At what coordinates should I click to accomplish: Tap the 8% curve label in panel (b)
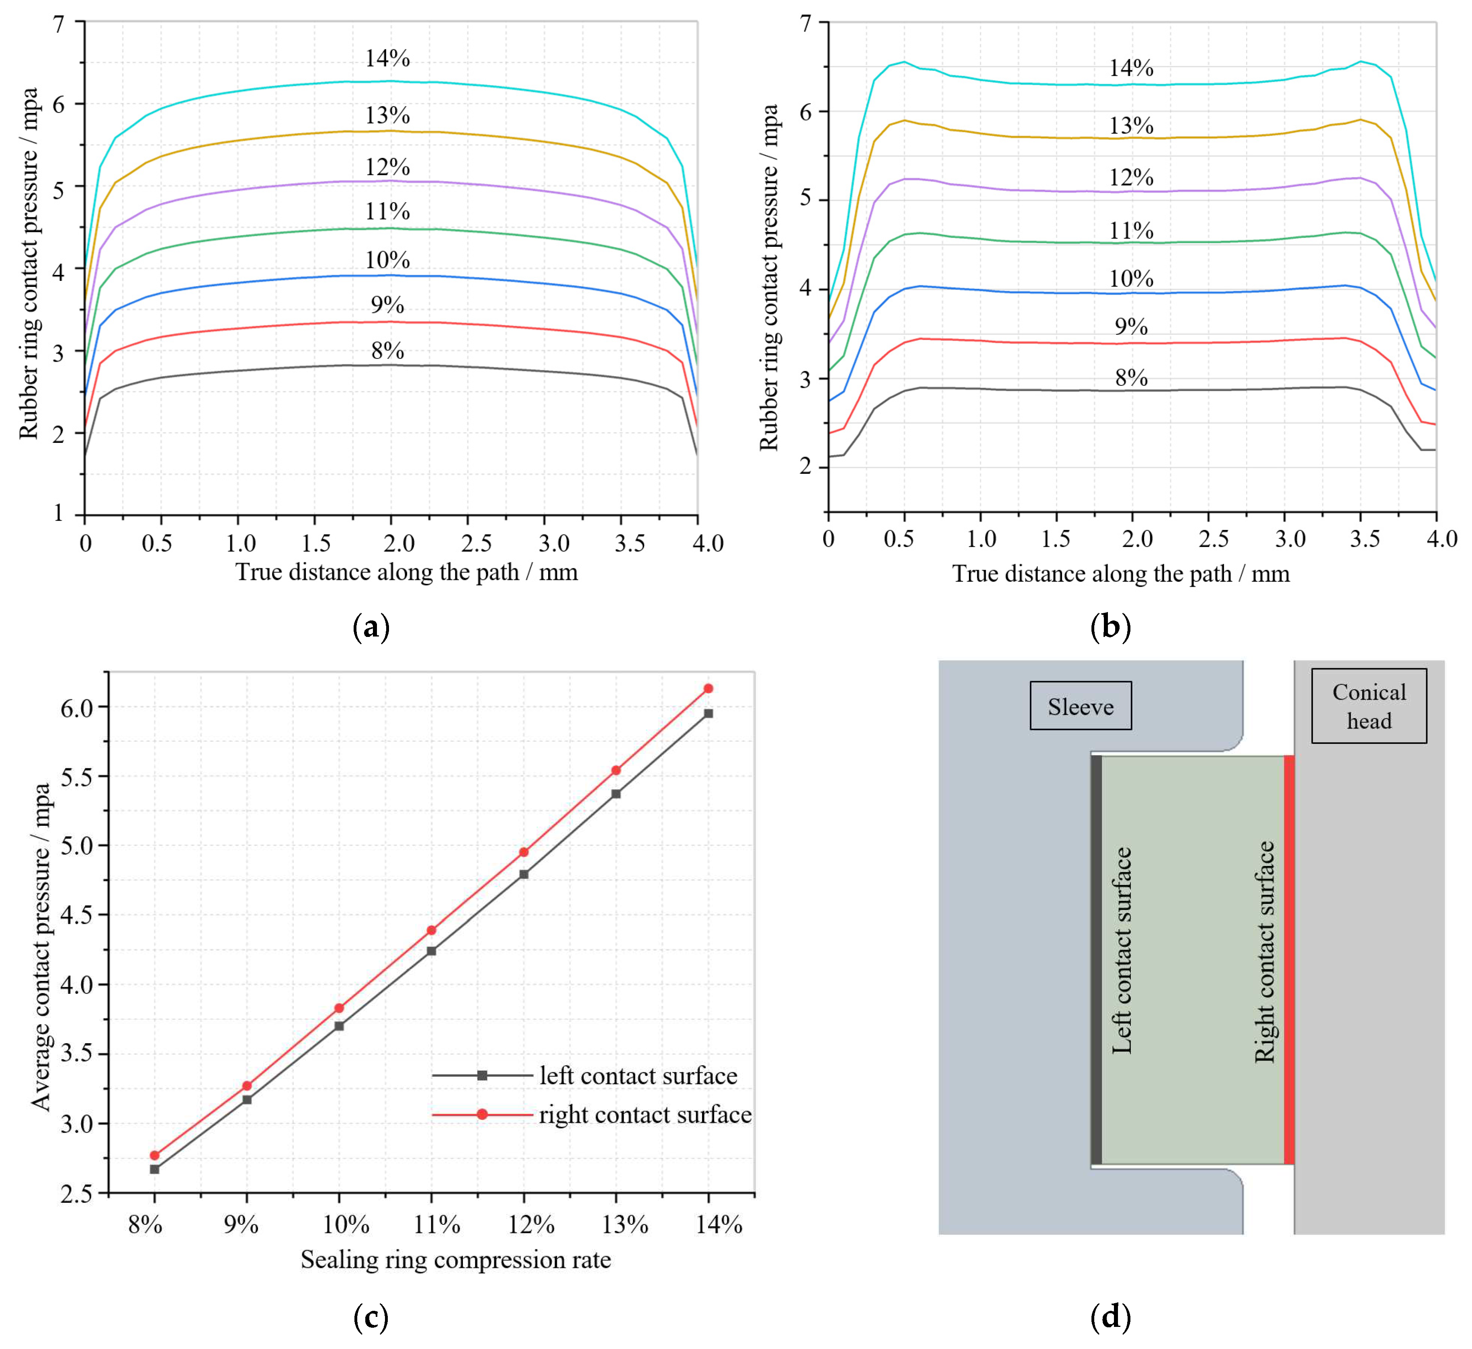1131,378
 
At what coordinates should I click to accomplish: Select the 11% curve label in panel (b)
1131,231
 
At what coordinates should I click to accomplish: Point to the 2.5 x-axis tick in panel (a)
476,543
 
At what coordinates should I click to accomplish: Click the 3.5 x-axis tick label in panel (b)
1364,540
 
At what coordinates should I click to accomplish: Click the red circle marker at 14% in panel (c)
708,688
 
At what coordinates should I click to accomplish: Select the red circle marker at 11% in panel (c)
432,930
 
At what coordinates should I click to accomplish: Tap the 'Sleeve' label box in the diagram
1081,706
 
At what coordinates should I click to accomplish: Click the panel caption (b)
1110,627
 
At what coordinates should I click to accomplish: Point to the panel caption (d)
1110,1318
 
